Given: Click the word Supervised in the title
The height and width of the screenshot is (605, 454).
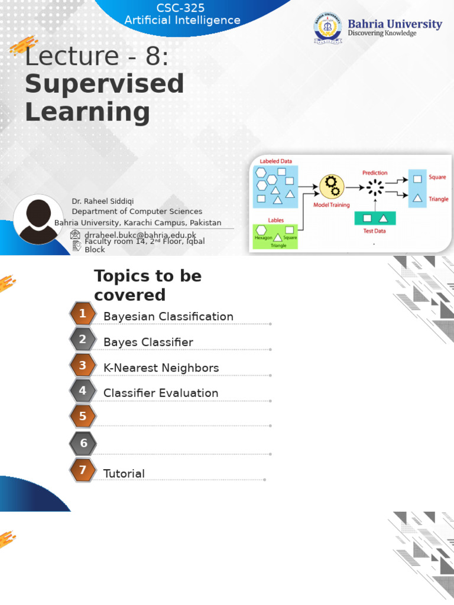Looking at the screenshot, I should pos(105,84).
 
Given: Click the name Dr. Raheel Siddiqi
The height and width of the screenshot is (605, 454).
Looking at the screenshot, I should pos(103,201).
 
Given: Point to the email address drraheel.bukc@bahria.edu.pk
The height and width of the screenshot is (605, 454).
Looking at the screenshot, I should pos(141,235).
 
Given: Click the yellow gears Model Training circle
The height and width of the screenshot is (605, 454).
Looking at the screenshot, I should pos(332,186).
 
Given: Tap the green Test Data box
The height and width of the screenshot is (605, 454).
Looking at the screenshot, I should pos(374,218).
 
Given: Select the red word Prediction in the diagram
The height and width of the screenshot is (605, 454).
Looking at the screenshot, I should pos(375,173).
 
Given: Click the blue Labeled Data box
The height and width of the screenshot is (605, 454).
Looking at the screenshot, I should pos(275,186).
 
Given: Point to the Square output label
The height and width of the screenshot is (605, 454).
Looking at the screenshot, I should pos(437,177).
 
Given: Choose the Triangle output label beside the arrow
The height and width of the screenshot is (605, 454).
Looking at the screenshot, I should pos(438,199).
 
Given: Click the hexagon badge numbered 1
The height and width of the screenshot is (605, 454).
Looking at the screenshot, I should pos(83,314).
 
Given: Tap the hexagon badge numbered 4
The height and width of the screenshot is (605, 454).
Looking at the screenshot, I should pos(83,391).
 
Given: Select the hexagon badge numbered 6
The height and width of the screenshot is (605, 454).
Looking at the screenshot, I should pos(83,443).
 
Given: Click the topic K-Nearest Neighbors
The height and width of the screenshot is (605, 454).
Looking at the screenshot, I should pos(161,367).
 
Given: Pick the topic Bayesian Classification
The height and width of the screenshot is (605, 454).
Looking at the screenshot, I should pos(168,316).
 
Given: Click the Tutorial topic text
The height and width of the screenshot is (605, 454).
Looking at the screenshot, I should pos(124,473).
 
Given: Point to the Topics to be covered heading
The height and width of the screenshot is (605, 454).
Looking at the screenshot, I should pos(148,285).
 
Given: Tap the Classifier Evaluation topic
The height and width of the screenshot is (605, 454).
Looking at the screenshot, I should pos(161,393).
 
